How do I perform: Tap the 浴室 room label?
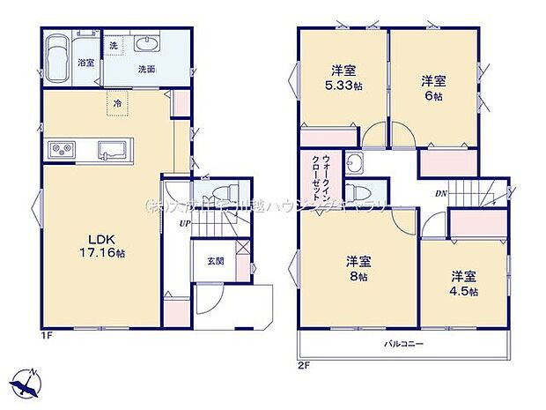tap(85, 63)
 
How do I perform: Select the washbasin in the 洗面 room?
tap(146, 47)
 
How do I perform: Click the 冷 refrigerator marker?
tap(117, 103)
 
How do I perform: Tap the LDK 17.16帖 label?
tap(99, 245)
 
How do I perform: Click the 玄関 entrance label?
tap(215, 260)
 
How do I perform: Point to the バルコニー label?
tap(402, 343)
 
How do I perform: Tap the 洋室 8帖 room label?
tap(356, 268)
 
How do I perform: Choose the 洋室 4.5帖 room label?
tap(462, 282)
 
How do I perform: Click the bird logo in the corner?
tap(26, 384)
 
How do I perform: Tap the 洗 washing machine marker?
tap(114, 45)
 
